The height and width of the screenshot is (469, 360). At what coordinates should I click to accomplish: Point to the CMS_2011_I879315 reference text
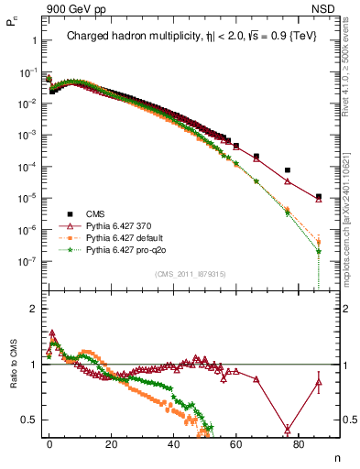(x=191, y=274)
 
